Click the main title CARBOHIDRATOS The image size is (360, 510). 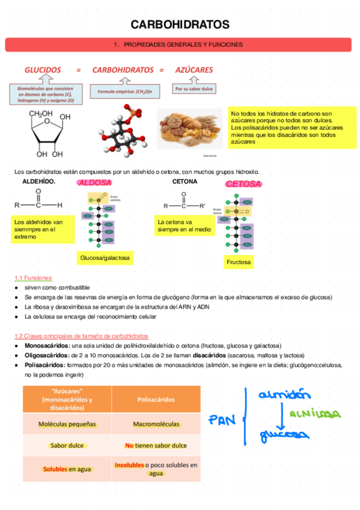180,25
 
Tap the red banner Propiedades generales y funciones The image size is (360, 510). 178,45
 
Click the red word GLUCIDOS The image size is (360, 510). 43,70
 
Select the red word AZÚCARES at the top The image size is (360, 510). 194,70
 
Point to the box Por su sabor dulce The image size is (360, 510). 194,89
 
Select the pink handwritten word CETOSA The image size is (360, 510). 243,184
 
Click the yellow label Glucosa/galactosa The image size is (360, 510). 105,258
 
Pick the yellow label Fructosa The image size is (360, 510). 239,263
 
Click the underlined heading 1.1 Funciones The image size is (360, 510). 33,278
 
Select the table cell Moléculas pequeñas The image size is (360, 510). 67,424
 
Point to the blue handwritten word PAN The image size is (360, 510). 222,420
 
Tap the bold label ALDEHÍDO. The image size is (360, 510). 39,181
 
